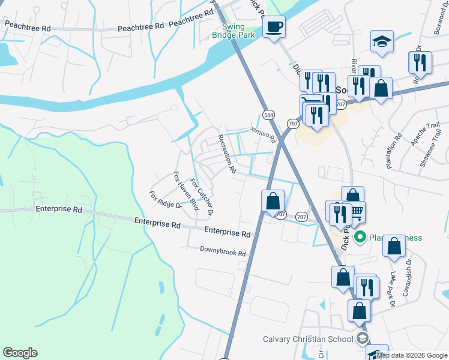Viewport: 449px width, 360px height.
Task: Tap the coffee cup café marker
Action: tap(274, 27)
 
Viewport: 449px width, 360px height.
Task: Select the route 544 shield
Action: tap(269, 114)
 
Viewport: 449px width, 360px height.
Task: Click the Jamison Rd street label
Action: tap(262, 133)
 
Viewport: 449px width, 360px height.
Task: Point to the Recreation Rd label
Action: tap(226, 154)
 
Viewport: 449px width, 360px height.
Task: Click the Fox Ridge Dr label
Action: tap(165, 200)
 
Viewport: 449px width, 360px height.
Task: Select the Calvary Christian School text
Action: tap(308, 339)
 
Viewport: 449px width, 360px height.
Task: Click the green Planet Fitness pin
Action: tap(360, 238)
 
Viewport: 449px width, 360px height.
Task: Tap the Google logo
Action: tap(20, 353)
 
